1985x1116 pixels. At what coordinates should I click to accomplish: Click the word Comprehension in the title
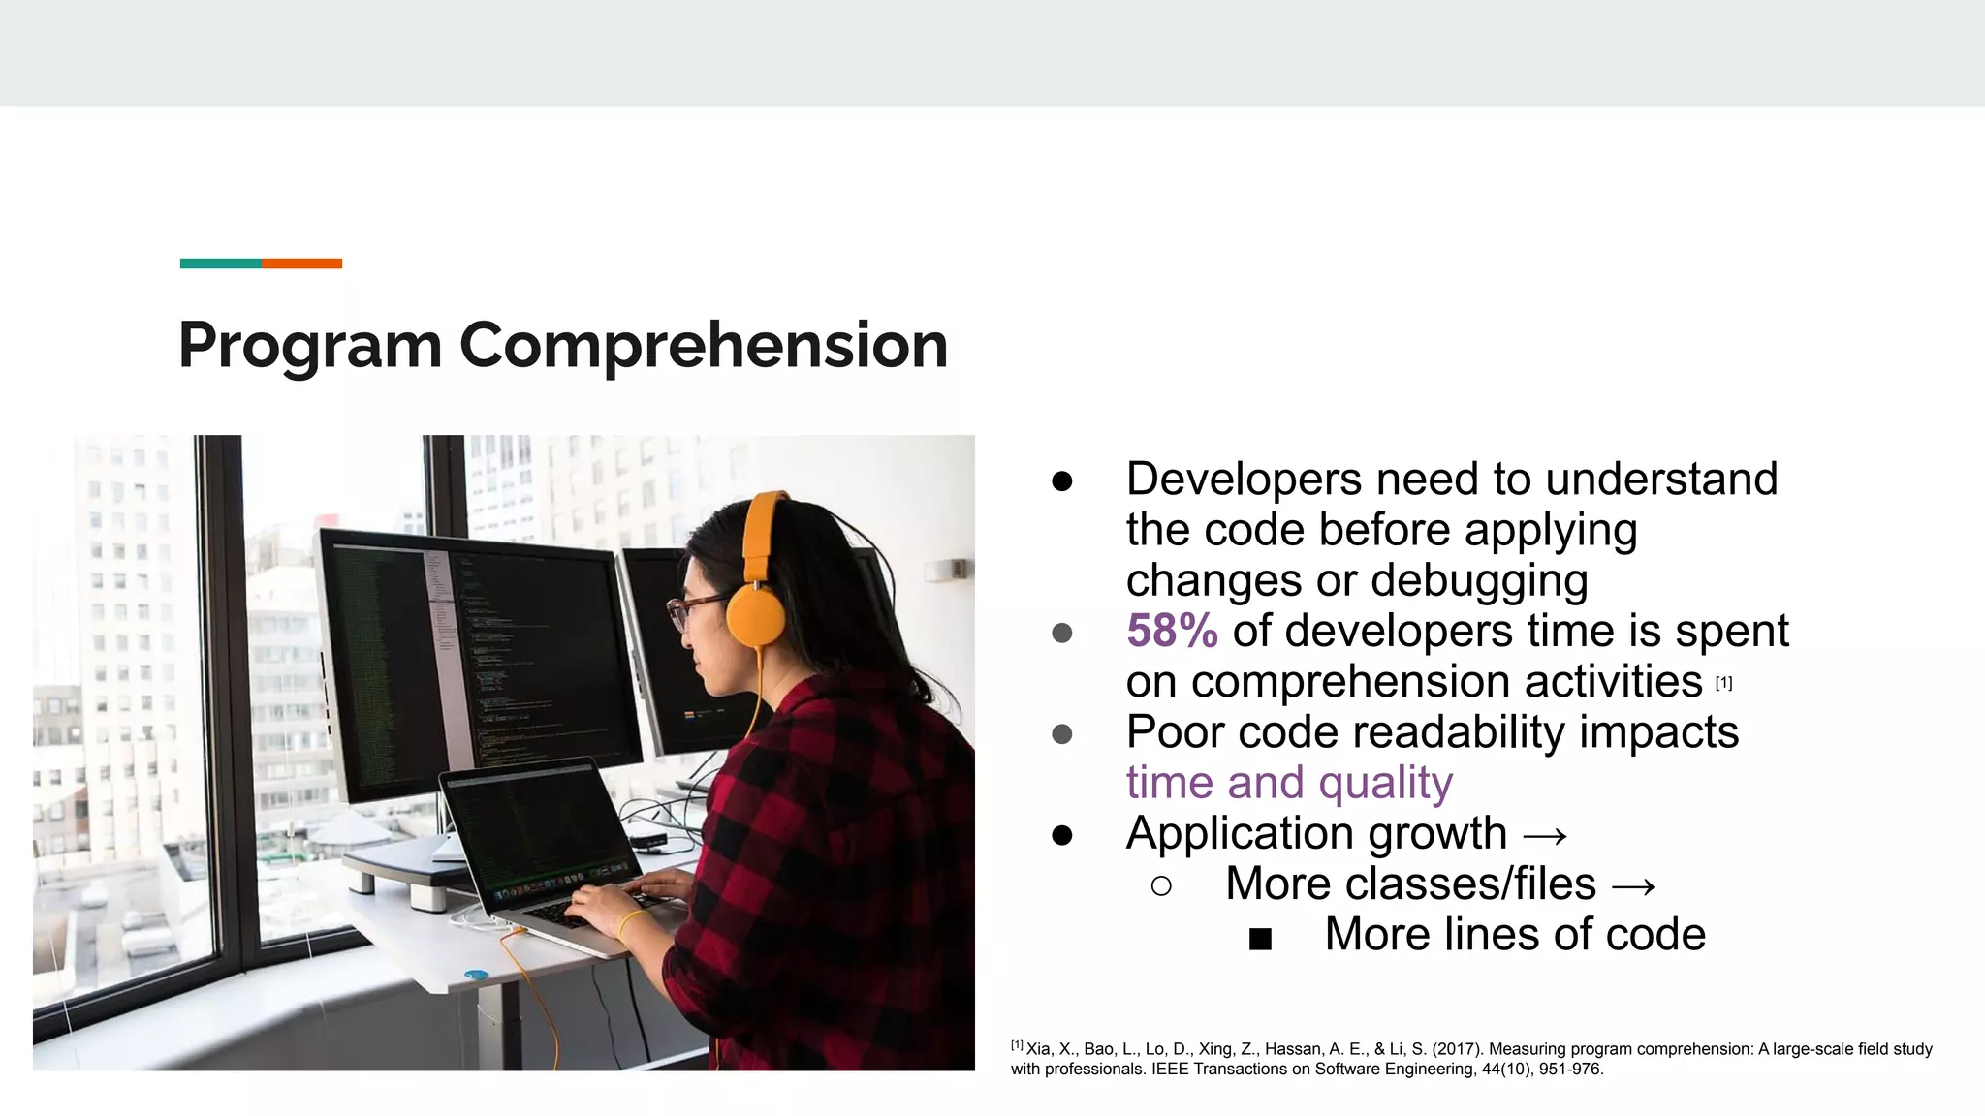click(x=703, y=346)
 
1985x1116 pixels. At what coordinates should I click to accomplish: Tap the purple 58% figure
click(x=1172, y=632)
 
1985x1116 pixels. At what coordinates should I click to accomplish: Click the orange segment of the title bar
click(x=301, y=263)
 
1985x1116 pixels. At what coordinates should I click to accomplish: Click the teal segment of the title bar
click(x=220, y=263)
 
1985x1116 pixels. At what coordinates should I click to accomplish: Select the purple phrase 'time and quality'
click(x=1289, y=783)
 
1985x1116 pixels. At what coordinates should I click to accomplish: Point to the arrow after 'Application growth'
click(x=1545, y=835)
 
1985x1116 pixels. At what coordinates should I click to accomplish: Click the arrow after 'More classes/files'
click(x=1633, y=885)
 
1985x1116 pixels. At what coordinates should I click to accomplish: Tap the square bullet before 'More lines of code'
click(x=1260, y=938)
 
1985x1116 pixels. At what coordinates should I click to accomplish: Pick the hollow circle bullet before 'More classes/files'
click(x=1161, y=885)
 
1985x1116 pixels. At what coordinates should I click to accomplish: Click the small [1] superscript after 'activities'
click(x=1723, y=683)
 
